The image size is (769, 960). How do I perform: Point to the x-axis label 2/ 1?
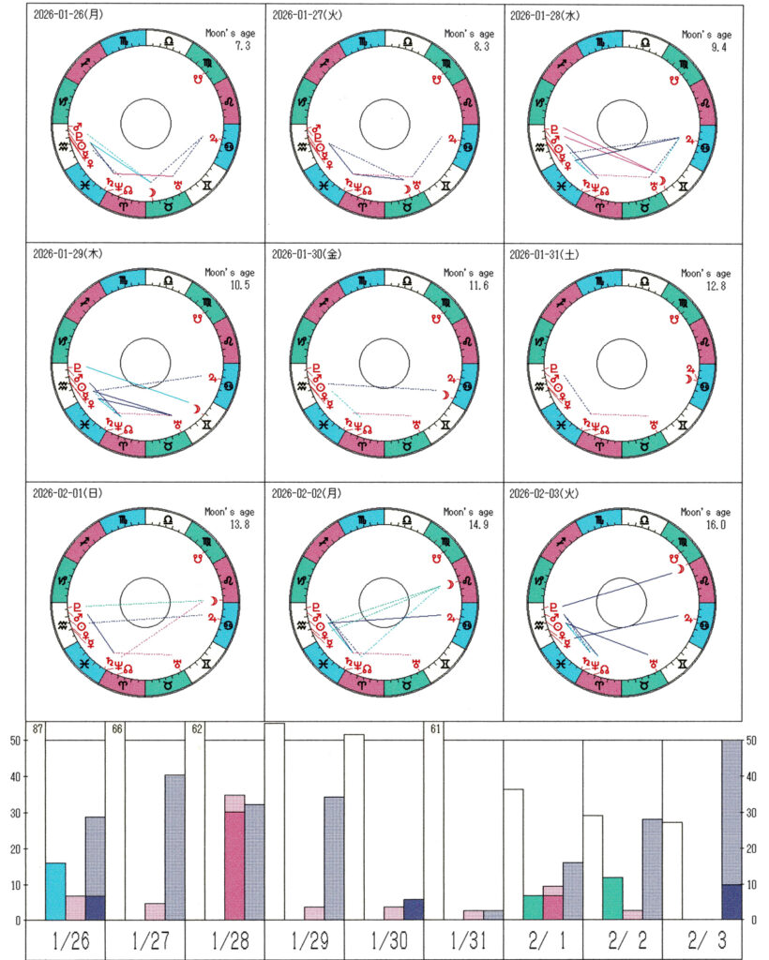(x=543, y=941)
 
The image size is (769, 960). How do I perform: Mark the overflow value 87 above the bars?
(x=38, y=729)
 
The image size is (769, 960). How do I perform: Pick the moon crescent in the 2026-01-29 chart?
(x=198, y=410)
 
